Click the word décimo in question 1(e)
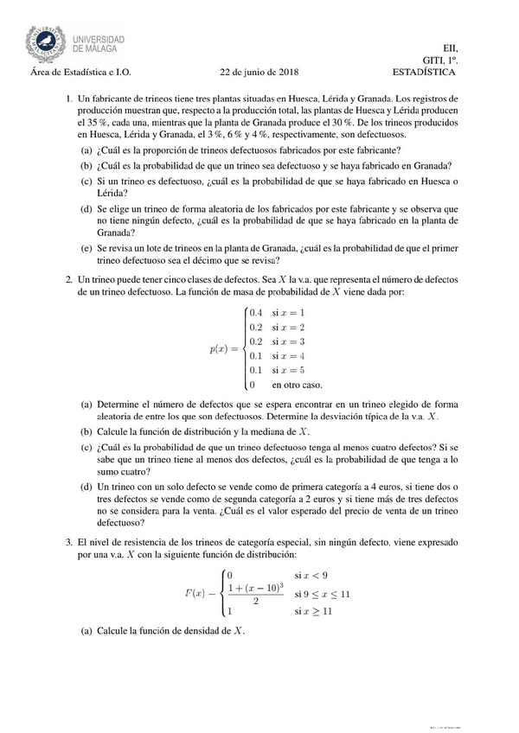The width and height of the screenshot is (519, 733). click(219, 261)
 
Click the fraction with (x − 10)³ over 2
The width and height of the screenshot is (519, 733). click(256, 594)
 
